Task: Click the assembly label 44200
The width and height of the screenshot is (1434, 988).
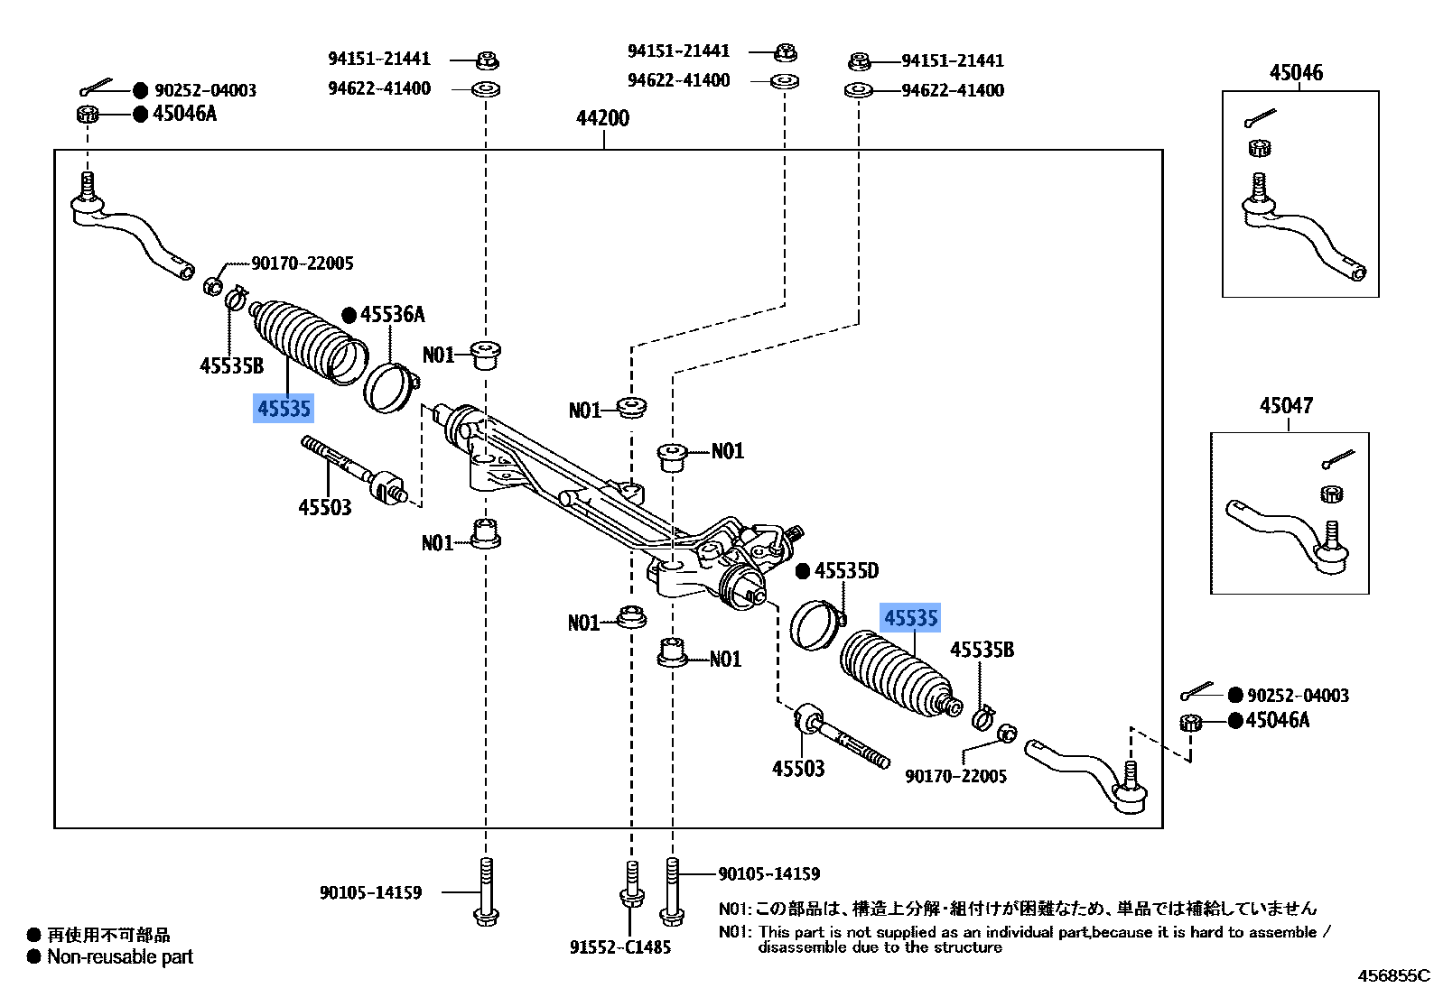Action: [x=603, y=118]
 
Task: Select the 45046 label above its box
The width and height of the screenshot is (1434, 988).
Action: [x=1296, y=72]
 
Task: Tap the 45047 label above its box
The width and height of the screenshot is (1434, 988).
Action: [x=1286, y=406]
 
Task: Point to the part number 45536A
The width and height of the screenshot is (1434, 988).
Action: [x=392, y=315]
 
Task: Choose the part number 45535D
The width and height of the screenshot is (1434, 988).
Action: [x=846, y=571]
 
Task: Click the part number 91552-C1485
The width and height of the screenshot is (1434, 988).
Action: [x=620, y=947]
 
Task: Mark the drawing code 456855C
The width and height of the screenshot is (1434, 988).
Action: [x=1394, y=975]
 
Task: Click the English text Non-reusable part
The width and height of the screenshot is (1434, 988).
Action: [x=120, y=957]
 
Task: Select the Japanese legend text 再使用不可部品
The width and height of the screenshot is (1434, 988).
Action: [x=108, y=935]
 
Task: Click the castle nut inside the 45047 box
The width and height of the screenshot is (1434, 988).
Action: [x=1329, y=493]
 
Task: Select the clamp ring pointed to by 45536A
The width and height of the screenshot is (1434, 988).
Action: [x=389, y=386]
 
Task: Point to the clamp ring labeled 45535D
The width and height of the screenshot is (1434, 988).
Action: [x=816, y=623]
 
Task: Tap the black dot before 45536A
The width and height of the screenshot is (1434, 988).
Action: [x=349, y=315]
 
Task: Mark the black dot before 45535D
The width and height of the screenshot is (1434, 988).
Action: [x=802, y=571]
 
